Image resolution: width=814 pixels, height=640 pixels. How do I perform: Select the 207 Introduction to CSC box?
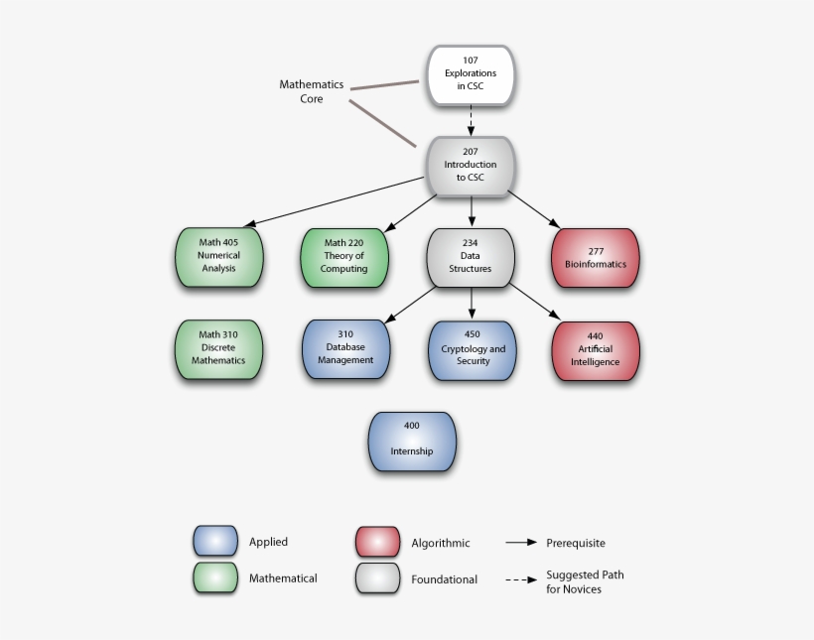pos(470,165)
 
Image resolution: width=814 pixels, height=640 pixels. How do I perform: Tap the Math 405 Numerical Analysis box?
pos(218,256)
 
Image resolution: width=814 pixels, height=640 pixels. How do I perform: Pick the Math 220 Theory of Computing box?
pos(343,256)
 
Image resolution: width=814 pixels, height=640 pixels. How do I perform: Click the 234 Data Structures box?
pos(471,256)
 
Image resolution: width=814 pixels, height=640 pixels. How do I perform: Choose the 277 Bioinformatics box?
pos(596,256)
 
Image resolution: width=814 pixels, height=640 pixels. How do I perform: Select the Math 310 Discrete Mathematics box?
pos(218,348)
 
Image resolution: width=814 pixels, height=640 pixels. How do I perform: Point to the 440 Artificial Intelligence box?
pos(596,349)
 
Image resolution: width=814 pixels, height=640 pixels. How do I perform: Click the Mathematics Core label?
pos(311,92)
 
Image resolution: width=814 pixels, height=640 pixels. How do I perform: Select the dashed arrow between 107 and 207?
pos(471,120)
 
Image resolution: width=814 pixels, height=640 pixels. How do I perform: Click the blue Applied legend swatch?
pos(215,541)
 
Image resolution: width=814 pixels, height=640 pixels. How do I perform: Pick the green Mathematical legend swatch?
pos(215,577)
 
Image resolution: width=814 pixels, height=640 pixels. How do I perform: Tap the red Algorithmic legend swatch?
pos(377,542)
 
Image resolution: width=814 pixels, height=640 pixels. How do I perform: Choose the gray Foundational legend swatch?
pos(377,577)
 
